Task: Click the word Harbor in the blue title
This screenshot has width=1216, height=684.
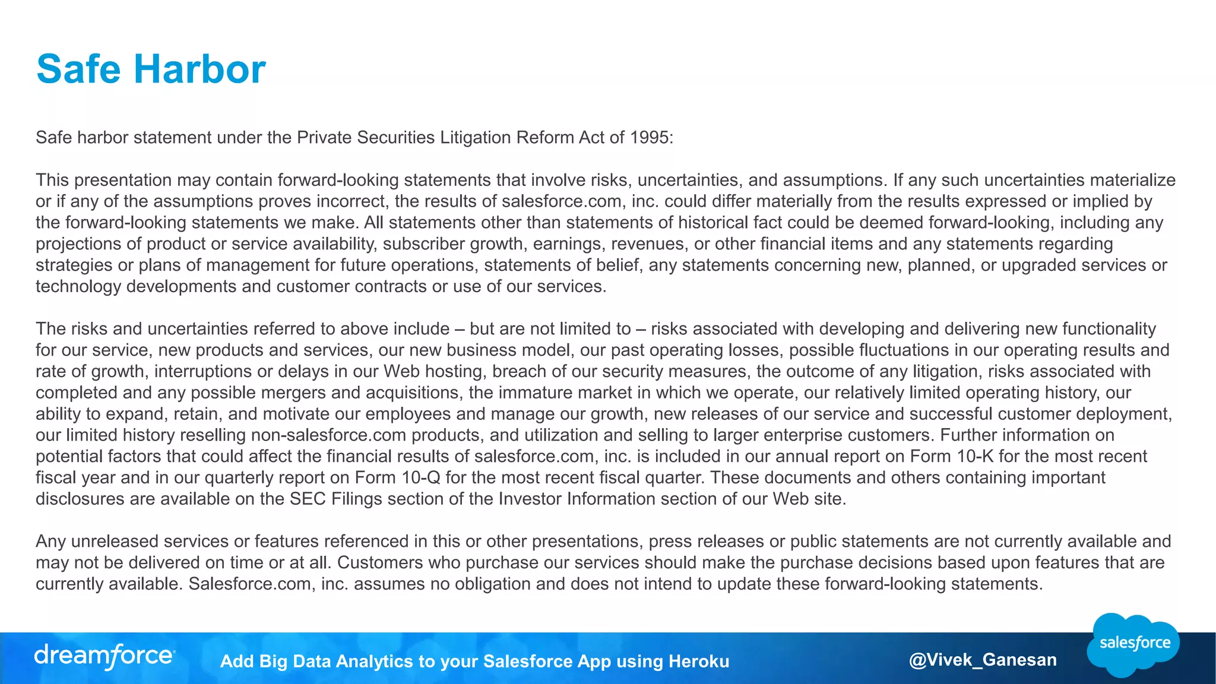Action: (199, 69)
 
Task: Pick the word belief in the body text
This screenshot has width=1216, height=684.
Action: (619, 265)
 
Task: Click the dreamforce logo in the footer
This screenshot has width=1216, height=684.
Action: (104, 656)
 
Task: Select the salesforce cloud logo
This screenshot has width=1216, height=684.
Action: (1133, 644)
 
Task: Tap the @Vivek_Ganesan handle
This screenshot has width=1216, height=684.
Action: (983, 660)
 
